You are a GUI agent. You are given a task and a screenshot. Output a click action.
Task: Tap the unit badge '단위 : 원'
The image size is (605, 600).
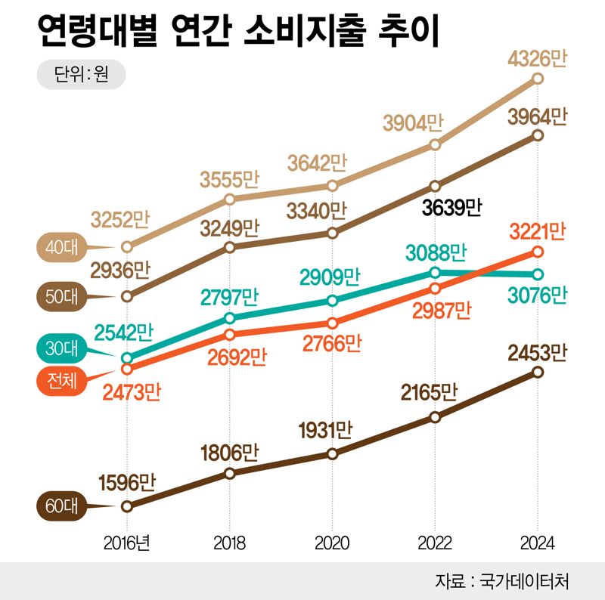[x=81, y=76]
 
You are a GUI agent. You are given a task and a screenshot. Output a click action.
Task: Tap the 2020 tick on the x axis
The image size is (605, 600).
[x=332, y=543]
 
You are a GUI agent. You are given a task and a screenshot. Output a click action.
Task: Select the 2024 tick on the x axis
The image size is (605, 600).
[x=537, y=543]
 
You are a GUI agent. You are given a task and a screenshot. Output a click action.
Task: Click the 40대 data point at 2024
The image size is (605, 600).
[x=538, y=78]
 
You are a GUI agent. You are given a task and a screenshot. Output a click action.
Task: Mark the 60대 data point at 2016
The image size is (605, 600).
[x=127, y=506]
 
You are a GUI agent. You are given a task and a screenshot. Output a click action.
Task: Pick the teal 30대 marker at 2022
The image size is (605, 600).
[x=435, y=272]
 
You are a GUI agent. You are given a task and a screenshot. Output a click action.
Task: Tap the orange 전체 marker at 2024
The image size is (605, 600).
[x=538, y=251]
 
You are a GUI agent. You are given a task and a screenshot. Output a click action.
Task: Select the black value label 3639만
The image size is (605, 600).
[x=451, y=207]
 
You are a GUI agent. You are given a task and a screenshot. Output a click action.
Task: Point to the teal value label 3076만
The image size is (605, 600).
[x=536, y=295]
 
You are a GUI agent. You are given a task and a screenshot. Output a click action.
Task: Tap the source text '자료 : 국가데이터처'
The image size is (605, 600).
[x=502, y=581]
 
